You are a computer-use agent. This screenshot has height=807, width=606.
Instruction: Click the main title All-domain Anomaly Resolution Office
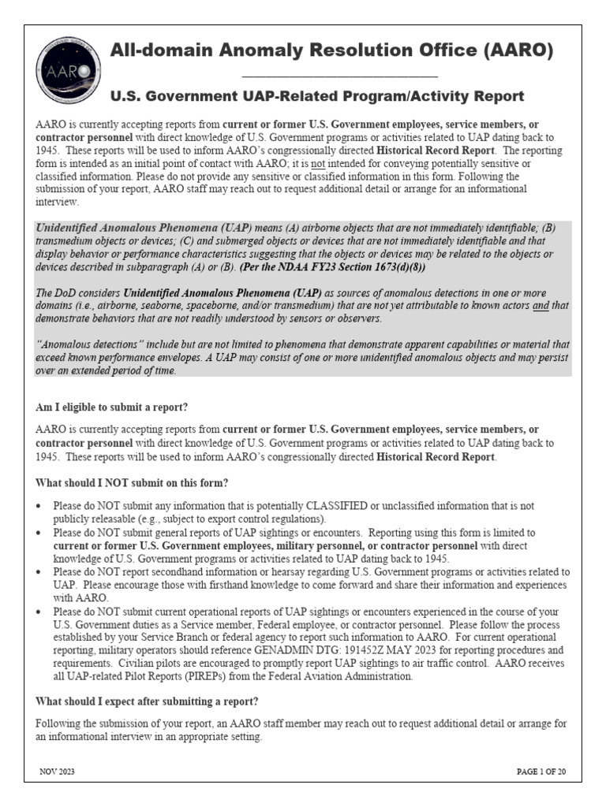tap(331, 52)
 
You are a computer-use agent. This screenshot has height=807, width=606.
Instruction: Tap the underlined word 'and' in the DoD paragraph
tap(541, 306)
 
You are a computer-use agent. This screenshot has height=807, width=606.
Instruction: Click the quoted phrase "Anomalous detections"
tap(88, 344)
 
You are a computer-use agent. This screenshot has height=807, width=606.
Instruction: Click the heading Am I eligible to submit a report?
tap(112, 407)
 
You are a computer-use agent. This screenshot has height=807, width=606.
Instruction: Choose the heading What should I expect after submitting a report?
tap(148, 701)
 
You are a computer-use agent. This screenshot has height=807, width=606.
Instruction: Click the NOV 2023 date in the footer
tap(57, 772)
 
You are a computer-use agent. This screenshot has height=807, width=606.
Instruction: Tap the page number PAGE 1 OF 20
tap(541, 772)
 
